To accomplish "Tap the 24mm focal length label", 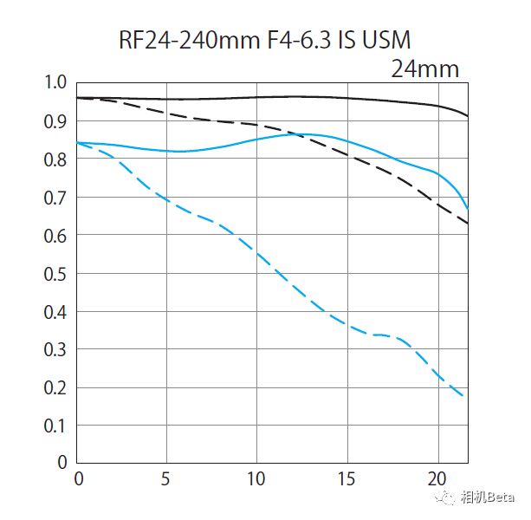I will tap(424, 68).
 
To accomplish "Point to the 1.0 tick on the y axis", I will tap(55, 83).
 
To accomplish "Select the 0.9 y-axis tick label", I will tap(55, 121).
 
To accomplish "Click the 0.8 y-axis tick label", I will tap(55, 159).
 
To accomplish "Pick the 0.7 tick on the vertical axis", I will tap(55, 198).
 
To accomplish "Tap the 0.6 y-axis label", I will tap(55, 236).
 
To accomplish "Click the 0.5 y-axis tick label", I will tap(55, 274).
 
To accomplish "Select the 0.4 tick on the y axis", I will tap(55, 312).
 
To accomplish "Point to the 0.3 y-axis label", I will tap(55, 350).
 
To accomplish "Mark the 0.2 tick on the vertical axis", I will tap(55, 388).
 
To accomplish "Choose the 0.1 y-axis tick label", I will tap(55, 426).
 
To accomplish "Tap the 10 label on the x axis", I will tap(256, 479).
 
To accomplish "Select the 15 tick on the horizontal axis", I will tap(346, 479).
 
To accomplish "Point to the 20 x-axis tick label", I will tap(437, 479).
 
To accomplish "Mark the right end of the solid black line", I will tap(468, 115).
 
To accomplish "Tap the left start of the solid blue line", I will tap(78, 142).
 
